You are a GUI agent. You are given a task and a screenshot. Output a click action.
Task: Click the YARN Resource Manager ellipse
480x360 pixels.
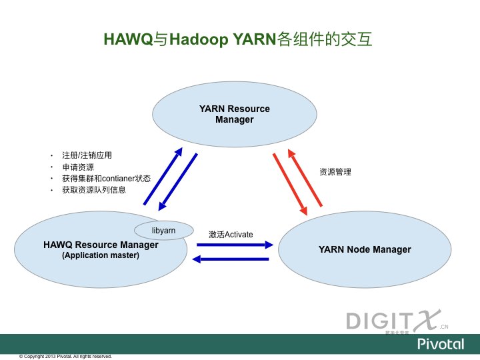coord(225,114)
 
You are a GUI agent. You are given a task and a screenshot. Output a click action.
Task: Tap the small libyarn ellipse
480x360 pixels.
coord(163,230)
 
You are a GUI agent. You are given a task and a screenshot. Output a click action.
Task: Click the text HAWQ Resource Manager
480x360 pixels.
coord(101,245)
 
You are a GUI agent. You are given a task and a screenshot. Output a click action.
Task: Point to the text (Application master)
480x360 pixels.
coord(101,255)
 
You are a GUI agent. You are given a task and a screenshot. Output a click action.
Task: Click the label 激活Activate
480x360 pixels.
coord(231,235)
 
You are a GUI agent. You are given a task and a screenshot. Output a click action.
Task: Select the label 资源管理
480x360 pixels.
coord(335,172)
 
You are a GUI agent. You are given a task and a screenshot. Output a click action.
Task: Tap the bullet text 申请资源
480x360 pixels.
coord(78,167)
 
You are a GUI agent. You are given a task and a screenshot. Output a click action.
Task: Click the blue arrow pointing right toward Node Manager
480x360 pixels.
coord(233,245)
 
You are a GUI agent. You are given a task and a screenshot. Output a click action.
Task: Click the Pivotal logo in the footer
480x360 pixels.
coord(441,344)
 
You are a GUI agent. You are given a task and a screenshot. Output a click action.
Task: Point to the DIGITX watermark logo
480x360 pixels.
coord(396,321)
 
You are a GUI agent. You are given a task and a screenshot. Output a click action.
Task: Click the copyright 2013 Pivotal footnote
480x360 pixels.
coord(65,356)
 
